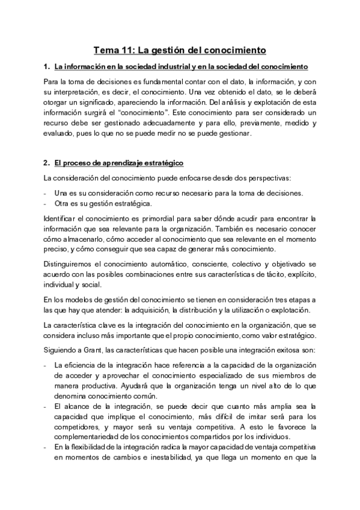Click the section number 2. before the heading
point(47,163)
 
